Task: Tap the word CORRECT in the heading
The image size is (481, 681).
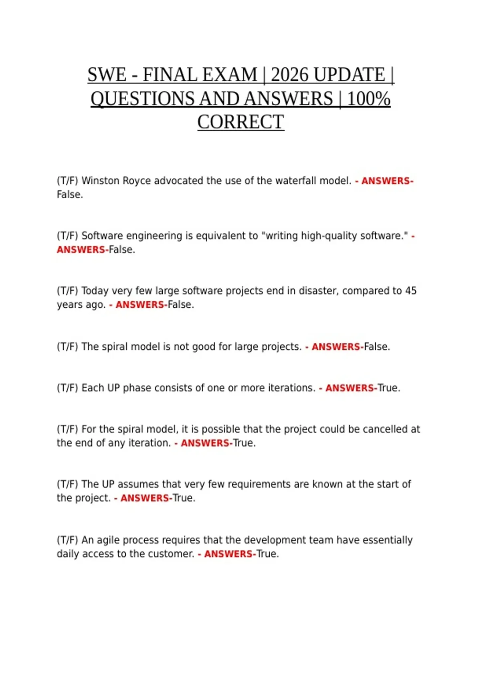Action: click(240, 122)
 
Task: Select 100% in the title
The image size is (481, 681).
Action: click(368, 99)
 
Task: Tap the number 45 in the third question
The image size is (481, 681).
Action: click(410, 291)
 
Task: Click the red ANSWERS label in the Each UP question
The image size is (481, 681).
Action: click(350, 388)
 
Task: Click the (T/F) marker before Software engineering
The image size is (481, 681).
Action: click(67, 236)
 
